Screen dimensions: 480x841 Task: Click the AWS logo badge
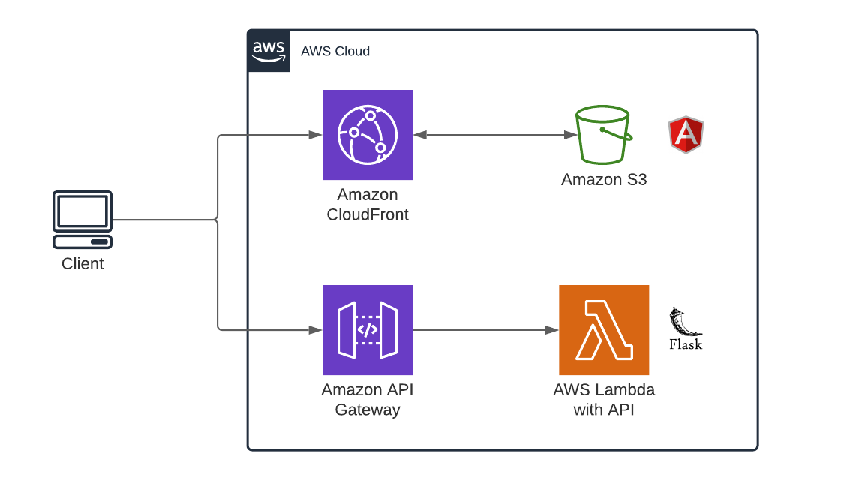tap(269, 51)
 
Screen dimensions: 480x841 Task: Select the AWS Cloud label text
tap(335, 52)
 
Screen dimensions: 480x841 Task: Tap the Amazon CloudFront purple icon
tap(368, 135)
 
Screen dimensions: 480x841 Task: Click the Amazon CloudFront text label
tap(368, 205)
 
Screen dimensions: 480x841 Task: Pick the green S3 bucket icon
tap(602, 134)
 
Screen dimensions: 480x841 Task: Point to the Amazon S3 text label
tap(604, 180)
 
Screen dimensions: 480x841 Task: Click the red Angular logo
tap(686, 135)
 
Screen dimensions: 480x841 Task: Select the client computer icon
tap(83, 220)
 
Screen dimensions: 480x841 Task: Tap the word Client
tap(83, 264)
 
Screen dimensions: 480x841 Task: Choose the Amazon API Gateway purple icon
tap(368, 330)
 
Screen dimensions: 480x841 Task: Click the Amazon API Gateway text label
tap(368, 400)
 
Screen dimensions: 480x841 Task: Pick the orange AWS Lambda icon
tap(604, 330)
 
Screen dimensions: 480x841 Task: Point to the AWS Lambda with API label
tap(604, 400)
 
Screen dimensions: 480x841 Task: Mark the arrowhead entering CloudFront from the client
tap(316, 135)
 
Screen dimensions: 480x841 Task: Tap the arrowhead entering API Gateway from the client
tap(316, 330)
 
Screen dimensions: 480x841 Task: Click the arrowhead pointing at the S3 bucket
tap(569, 135)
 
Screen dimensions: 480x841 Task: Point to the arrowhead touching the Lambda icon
tap(552, 330)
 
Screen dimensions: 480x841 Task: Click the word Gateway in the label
tap(368, 410)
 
